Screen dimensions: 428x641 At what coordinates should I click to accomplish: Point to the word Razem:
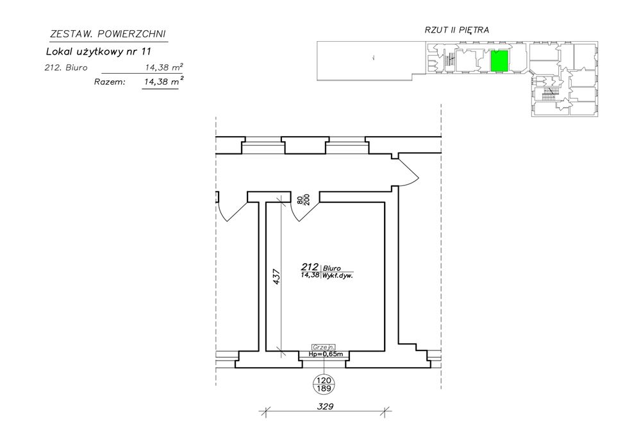110,82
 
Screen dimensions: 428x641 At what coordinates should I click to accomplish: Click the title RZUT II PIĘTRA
457,30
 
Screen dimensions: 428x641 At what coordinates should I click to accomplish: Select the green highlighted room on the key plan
499,60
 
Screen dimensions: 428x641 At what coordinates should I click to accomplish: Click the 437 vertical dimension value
276,276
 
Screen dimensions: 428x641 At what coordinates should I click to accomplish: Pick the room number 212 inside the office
310,266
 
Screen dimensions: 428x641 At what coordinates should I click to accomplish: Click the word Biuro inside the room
332,267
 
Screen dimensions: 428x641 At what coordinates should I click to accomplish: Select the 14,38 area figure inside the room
310,275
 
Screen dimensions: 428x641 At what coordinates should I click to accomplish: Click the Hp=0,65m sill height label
325,354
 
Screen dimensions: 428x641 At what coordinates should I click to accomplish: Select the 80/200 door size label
303,199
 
